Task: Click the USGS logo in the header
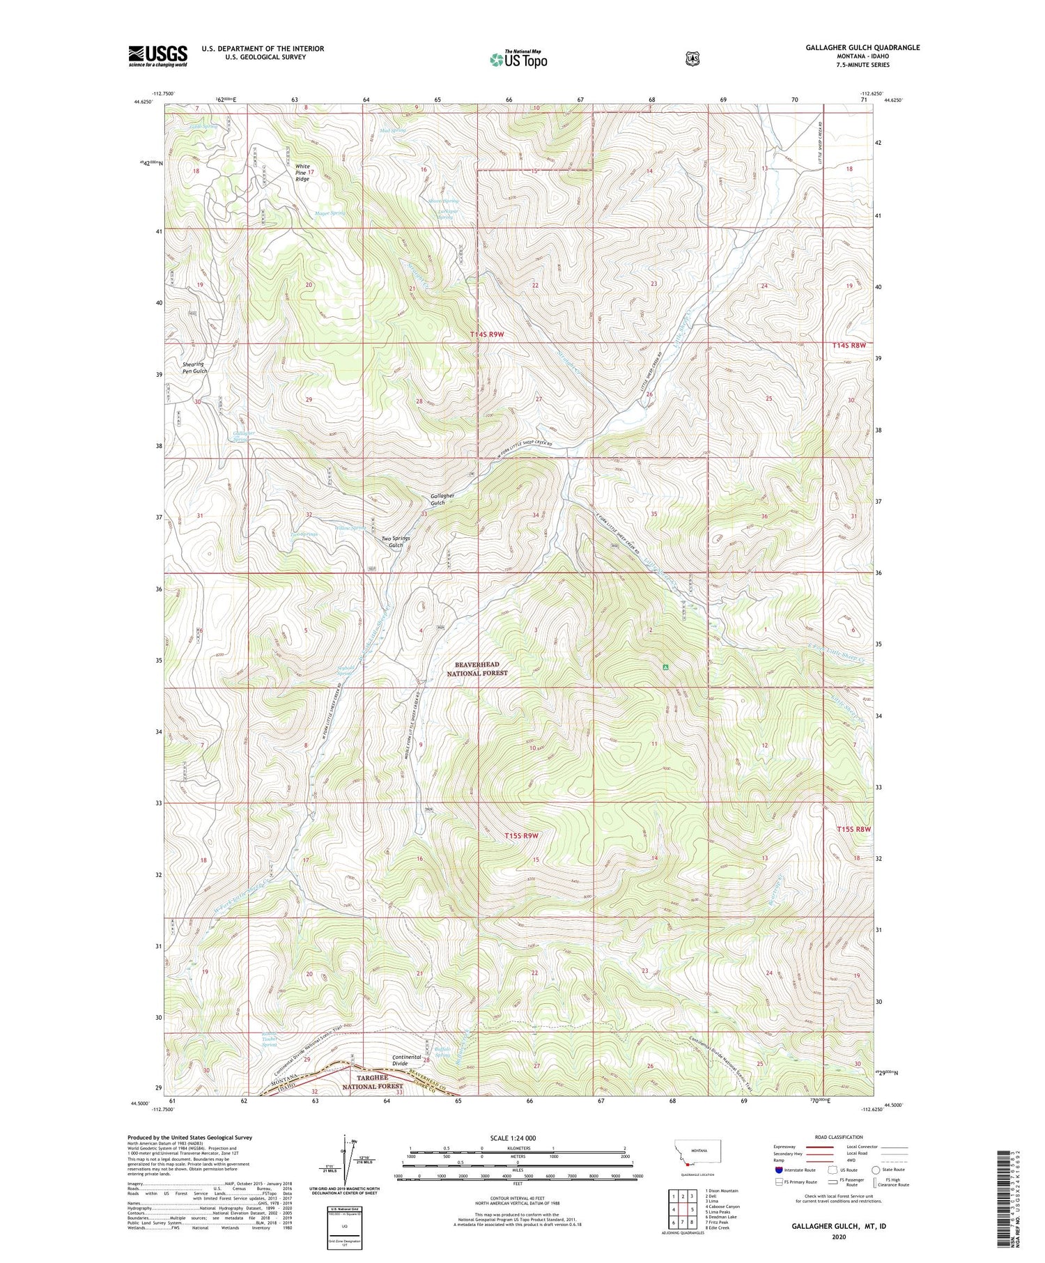tap(157, 56)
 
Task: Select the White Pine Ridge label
tap(302, 173)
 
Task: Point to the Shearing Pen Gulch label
tap(194, 368)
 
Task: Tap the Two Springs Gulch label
tap(396, 541)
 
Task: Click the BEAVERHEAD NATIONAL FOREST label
tap(477, 669)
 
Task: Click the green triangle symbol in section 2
tap(665, 667)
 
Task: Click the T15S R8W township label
tap(854, 829)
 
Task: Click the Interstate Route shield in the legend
tap(779, 1170)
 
